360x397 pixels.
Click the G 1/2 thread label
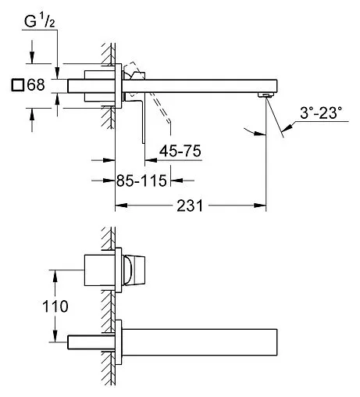coord(40,21)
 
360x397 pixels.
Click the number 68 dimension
coord(36,85)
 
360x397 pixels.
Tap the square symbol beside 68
coord(18,85)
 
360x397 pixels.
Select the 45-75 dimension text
coord(180,151)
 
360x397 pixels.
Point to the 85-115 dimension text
coord(141,181)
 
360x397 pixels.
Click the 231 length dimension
coord(190,206)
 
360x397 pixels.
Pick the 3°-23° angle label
coord(321,113)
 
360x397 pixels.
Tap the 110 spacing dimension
coord(55,306)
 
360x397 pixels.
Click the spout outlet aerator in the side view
coord(266,95)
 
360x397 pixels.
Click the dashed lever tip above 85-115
coord(169,121)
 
